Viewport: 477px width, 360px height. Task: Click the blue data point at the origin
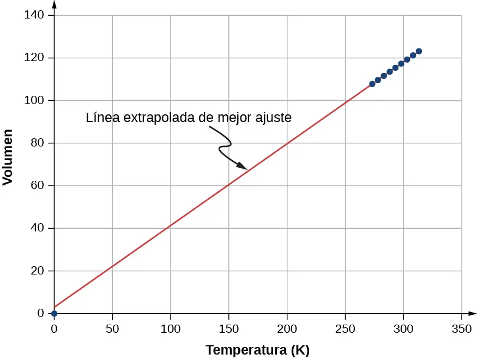(x=54, y=313)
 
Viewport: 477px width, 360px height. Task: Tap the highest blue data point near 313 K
(x=419, y=51)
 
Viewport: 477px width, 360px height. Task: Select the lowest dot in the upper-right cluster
(x=372, y=84)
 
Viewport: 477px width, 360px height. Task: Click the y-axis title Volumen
(x=8, y=157)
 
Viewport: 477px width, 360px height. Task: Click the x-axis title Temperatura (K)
(x=257, y=350)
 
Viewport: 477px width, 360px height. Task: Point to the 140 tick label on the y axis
(x=34, y=15)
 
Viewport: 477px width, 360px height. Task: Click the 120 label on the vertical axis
(x=34, y=58)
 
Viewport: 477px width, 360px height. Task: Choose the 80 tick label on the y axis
(x=37, y=143)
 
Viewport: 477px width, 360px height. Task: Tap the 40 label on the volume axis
(x=37, y=228)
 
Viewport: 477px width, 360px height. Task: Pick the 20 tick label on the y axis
(x=37, y=271)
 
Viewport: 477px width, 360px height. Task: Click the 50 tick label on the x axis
(x=112, y=328)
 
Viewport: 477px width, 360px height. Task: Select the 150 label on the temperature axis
(x=228, y=328)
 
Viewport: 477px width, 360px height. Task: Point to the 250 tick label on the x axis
(x=345, y=328)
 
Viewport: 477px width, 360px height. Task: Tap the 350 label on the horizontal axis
(x=462, y=328)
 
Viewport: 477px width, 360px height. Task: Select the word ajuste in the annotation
(x=276, y=118)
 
